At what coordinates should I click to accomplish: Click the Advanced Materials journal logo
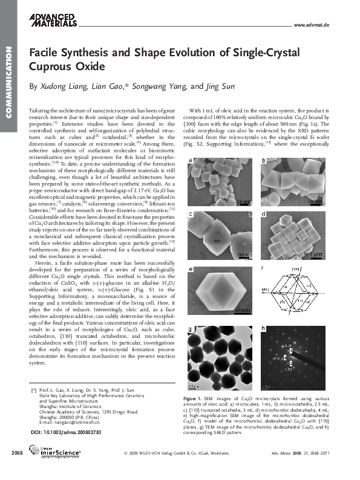[x=53, y=19]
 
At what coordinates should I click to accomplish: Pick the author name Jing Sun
[x=211, y=86]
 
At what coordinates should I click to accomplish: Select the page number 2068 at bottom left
[x=17, y=469]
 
